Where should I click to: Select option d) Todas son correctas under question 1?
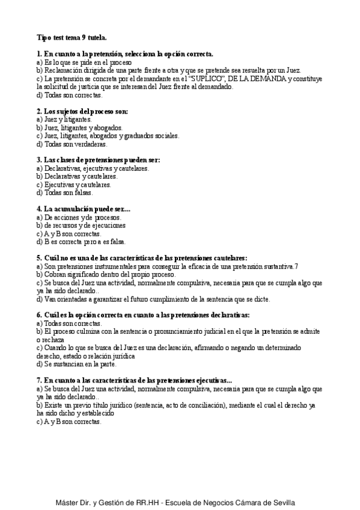[70, 95]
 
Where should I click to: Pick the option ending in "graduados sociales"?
[108, 136]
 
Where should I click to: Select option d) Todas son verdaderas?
[72, 144]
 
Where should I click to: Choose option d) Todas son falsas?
[64, 193]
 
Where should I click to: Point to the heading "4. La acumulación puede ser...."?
[83, 209]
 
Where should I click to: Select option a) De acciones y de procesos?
[79, 218]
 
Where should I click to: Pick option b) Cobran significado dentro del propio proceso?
[114, 274]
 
